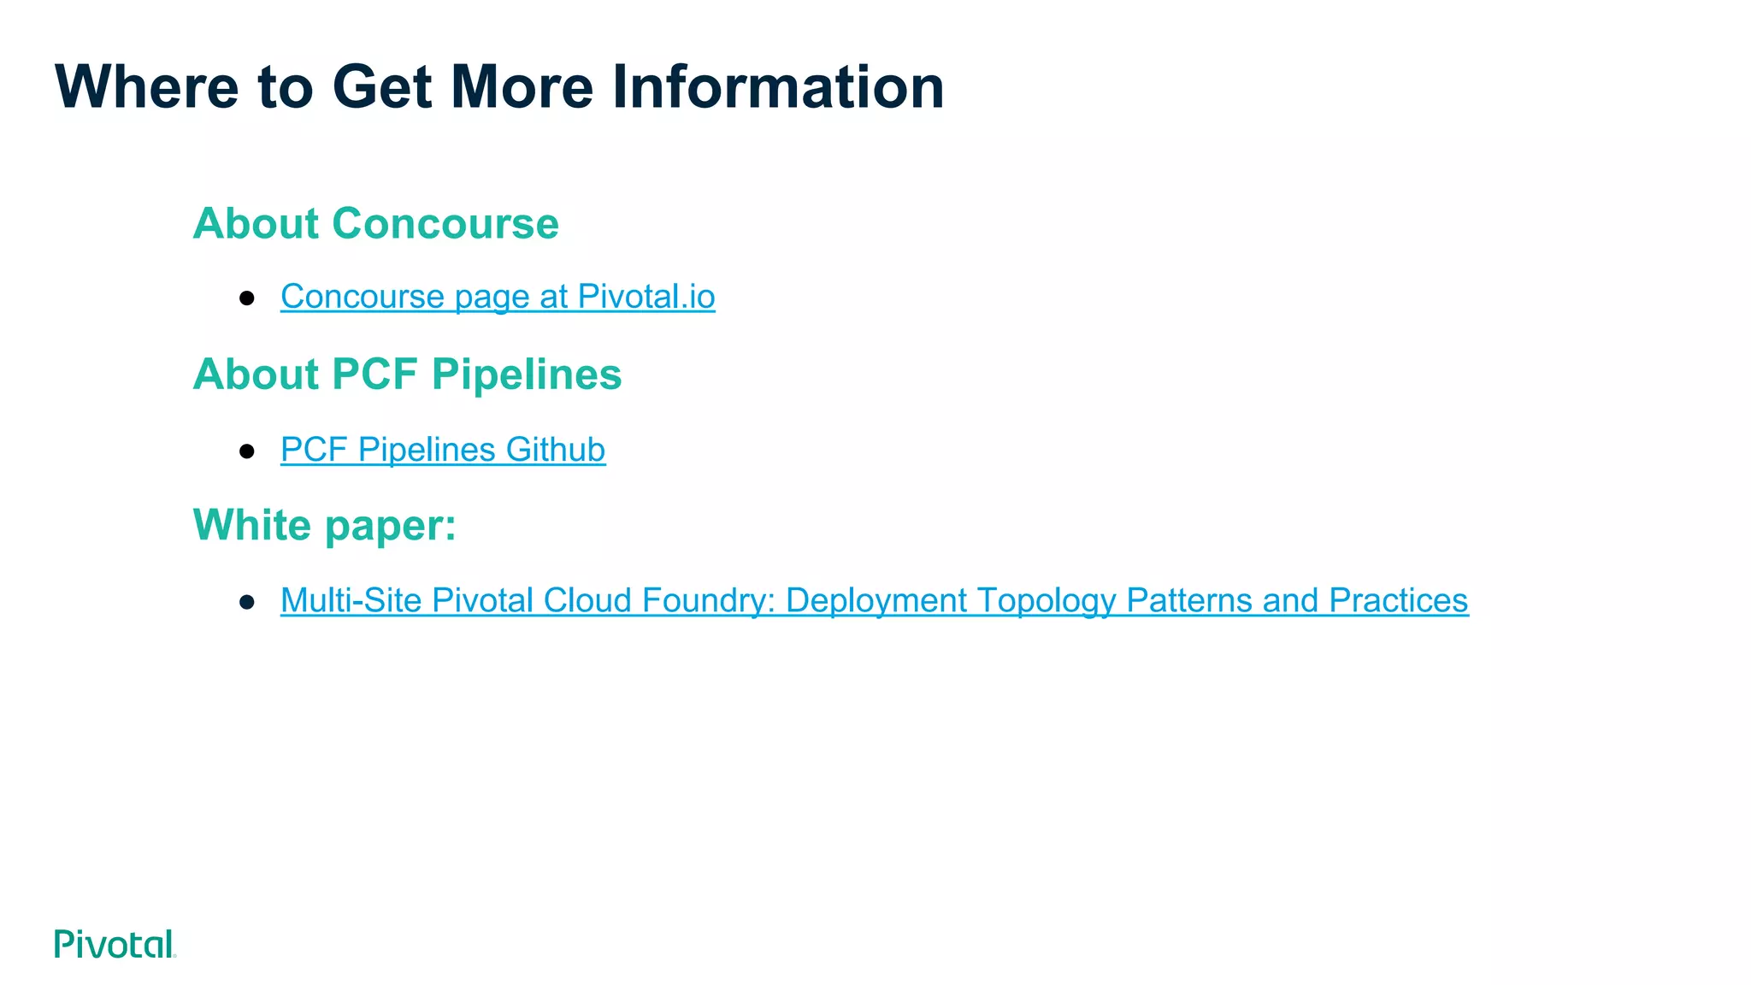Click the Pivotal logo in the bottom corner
(115, 944)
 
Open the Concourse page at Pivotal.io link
(498, 297)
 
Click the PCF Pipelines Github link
(443, 450)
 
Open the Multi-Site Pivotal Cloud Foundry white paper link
(874, 600)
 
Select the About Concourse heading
(375, 224)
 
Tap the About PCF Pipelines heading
(407, 375)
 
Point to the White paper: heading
(325, 525)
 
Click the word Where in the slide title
(146, 87)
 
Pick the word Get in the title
(381, 87)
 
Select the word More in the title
(522, 87)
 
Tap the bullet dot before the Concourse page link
(247, 298)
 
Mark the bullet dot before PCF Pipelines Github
(247, 451)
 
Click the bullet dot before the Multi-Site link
(247, 602)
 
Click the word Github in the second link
(555, 450)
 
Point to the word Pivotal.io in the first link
(646, 297)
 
